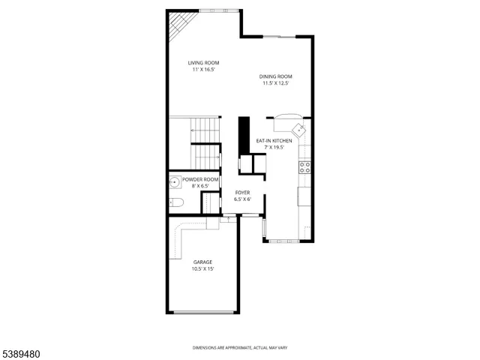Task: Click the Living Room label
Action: [x=203, y=62]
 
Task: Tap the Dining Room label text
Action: [x=275, y=76]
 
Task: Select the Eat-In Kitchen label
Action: [x=274, y=141]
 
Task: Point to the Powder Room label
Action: [x=200, y=179]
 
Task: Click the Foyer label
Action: [x=241, y=193]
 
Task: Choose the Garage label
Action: [x=202, y=262]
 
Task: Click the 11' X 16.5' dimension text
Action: [x=203, y=69]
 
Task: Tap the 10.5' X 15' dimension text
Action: [x=202, y=268]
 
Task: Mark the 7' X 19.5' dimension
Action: [x=274, y=148]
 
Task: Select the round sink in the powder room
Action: [x=175, y=180]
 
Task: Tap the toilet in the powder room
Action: [x=175, y=201]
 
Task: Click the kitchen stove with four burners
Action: [x=305, y=167]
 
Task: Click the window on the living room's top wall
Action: [x=220, y=10]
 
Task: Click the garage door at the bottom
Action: [x=202, y=312]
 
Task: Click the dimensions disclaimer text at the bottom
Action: [x=239, y=348]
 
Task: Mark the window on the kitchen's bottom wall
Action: [x=283, y=241]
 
